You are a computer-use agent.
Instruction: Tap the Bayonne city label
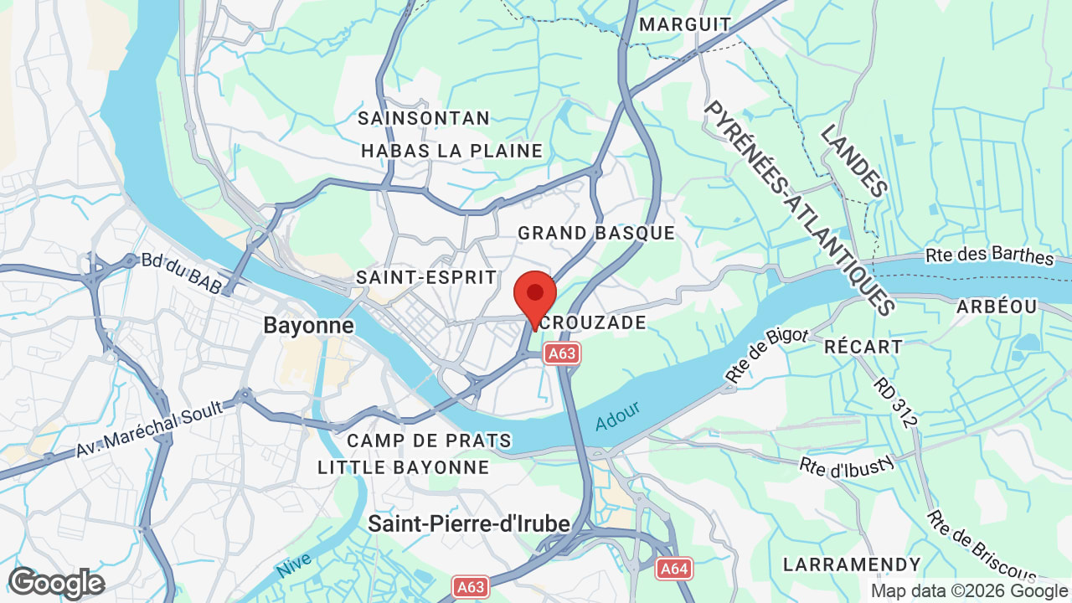coord(308,325)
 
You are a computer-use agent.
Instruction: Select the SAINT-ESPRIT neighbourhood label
coord(426,277)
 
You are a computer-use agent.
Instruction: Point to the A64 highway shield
coord(673,569)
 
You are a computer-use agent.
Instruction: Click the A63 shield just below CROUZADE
coord(562,353)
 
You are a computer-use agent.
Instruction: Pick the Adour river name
coord(618,416)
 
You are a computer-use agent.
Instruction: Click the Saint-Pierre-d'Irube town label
coord(469,524)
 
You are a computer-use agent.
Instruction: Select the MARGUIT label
coord(685,24)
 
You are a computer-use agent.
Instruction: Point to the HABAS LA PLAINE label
coord(452,151)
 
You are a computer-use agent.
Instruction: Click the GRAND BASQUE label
coord(596,233)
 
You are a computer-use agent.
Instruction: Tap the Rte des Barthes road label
coord(989,255)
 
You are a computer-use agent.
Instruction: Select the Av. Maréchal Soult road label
coord(148,429)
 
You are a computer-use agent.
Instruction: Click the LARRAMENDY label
coord(852,564)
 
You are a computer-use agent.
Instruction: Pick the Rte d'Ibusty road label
coord(848,466)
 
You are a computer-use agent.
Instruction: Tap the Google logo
coord(56,583)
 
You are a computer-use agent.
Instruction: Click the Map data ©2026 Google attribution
coord(969,591)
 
